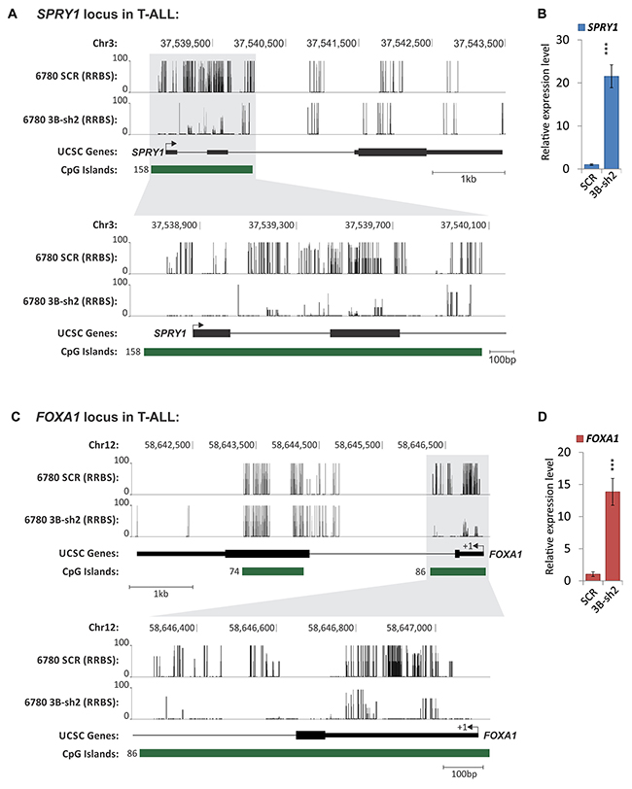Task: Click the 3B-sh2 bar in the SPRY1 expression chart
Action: click(612, 122)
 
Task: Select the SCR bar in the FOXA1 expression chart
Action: click(593, 577)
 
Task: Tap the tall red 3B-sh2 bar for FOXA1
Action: click(613, 536)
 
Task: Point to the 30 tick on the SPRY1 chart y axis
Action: click(563, 40)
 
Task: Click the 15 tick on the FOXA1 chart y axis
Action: click(565, 484)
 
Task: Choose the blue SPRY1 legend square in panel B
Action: click(581, 27)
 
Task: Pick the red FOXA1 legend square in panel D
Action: click(580, 439)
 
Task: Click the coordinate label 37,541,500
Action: click(332, 44)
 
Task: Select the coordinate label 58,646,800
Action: click(331, 628)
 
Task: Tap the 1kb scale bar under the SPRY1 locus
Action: click(469, 173)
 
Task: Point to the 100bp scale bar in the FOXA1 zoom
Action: click(463, 768)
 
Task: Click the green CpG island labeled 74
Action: click(273, 571)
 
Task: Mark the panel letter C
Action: click(16, 417)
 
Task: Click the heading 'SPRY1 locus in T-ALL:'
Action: click(108, 14)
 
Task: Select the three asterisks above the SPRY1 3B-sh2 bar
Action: click(607, 49)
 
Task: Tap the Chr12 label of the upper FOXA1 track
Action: click(104, 445)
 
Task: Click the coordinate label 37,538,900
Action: click(174, 224)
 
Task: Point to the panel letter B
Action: click(543, 14)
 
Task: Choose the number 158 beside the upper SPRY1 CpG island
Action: click(141, 170)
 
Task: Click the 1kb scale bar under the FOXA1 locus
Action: click(161, 587)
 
